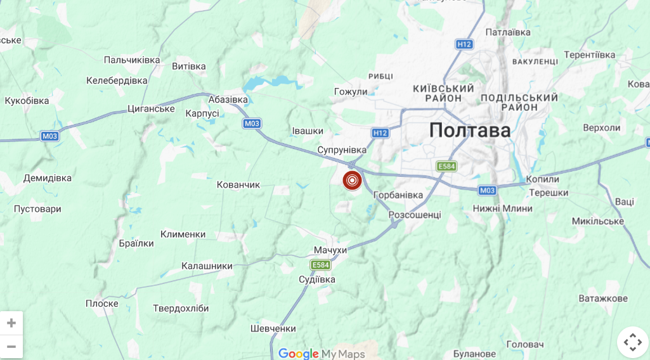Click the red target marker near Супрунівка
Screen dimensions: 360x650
tap(352, 180)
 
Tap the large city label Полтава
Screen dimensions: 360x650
tap(470, 130)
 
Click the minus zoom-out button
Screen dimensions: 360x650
tap(11, 346)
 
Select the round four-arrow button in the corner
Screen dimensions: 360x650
tap(632, 342)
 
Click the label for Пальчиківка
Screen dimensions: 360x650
tap(132, 60)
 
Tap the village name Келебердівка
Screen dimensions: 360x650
tap(117, 80)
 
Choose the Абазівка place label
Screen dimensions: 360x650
tap(228, 100)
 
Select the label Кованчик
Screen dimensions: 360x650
tap(238, 184)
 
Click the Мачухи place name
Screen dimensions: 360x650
tap(330, 250)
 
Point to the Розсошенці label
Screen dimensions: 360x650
tap(415, 215)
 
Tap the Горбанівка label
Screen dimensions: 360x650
tap(398, 195)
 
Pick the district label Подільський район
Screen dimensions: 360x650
tap(519, 103)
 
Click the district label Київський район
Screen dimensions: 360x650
tap(443, 93)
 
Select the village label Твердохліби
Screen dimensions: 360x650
tap(181, 309)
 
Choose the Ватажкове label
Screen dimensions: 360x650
tap(603, 299)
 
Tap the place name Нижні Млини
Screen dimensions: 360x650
tap(503, 209)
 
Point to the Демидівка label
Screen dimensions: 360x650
tap(48, 178)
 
